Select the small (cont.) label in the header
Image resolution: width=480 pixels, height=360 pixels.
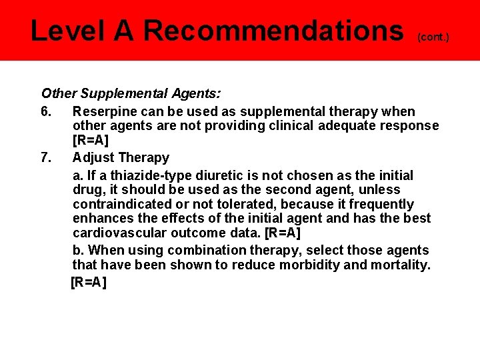[433, 37]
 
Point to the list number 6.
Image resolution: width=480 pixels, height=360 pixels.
[45, 111]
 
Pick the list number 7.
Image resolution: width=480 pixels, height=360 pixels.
[45, 157]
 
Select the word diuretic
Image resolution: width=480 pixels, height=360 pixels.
[219, 175]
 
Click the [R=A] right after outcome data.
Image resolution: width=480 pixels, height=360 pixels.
[283, 233]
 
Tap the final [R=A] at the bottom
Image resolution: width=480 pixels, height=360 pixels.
[89, 281]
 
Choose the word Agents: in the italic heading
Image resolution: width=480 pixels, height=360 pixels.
[196, 94]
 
